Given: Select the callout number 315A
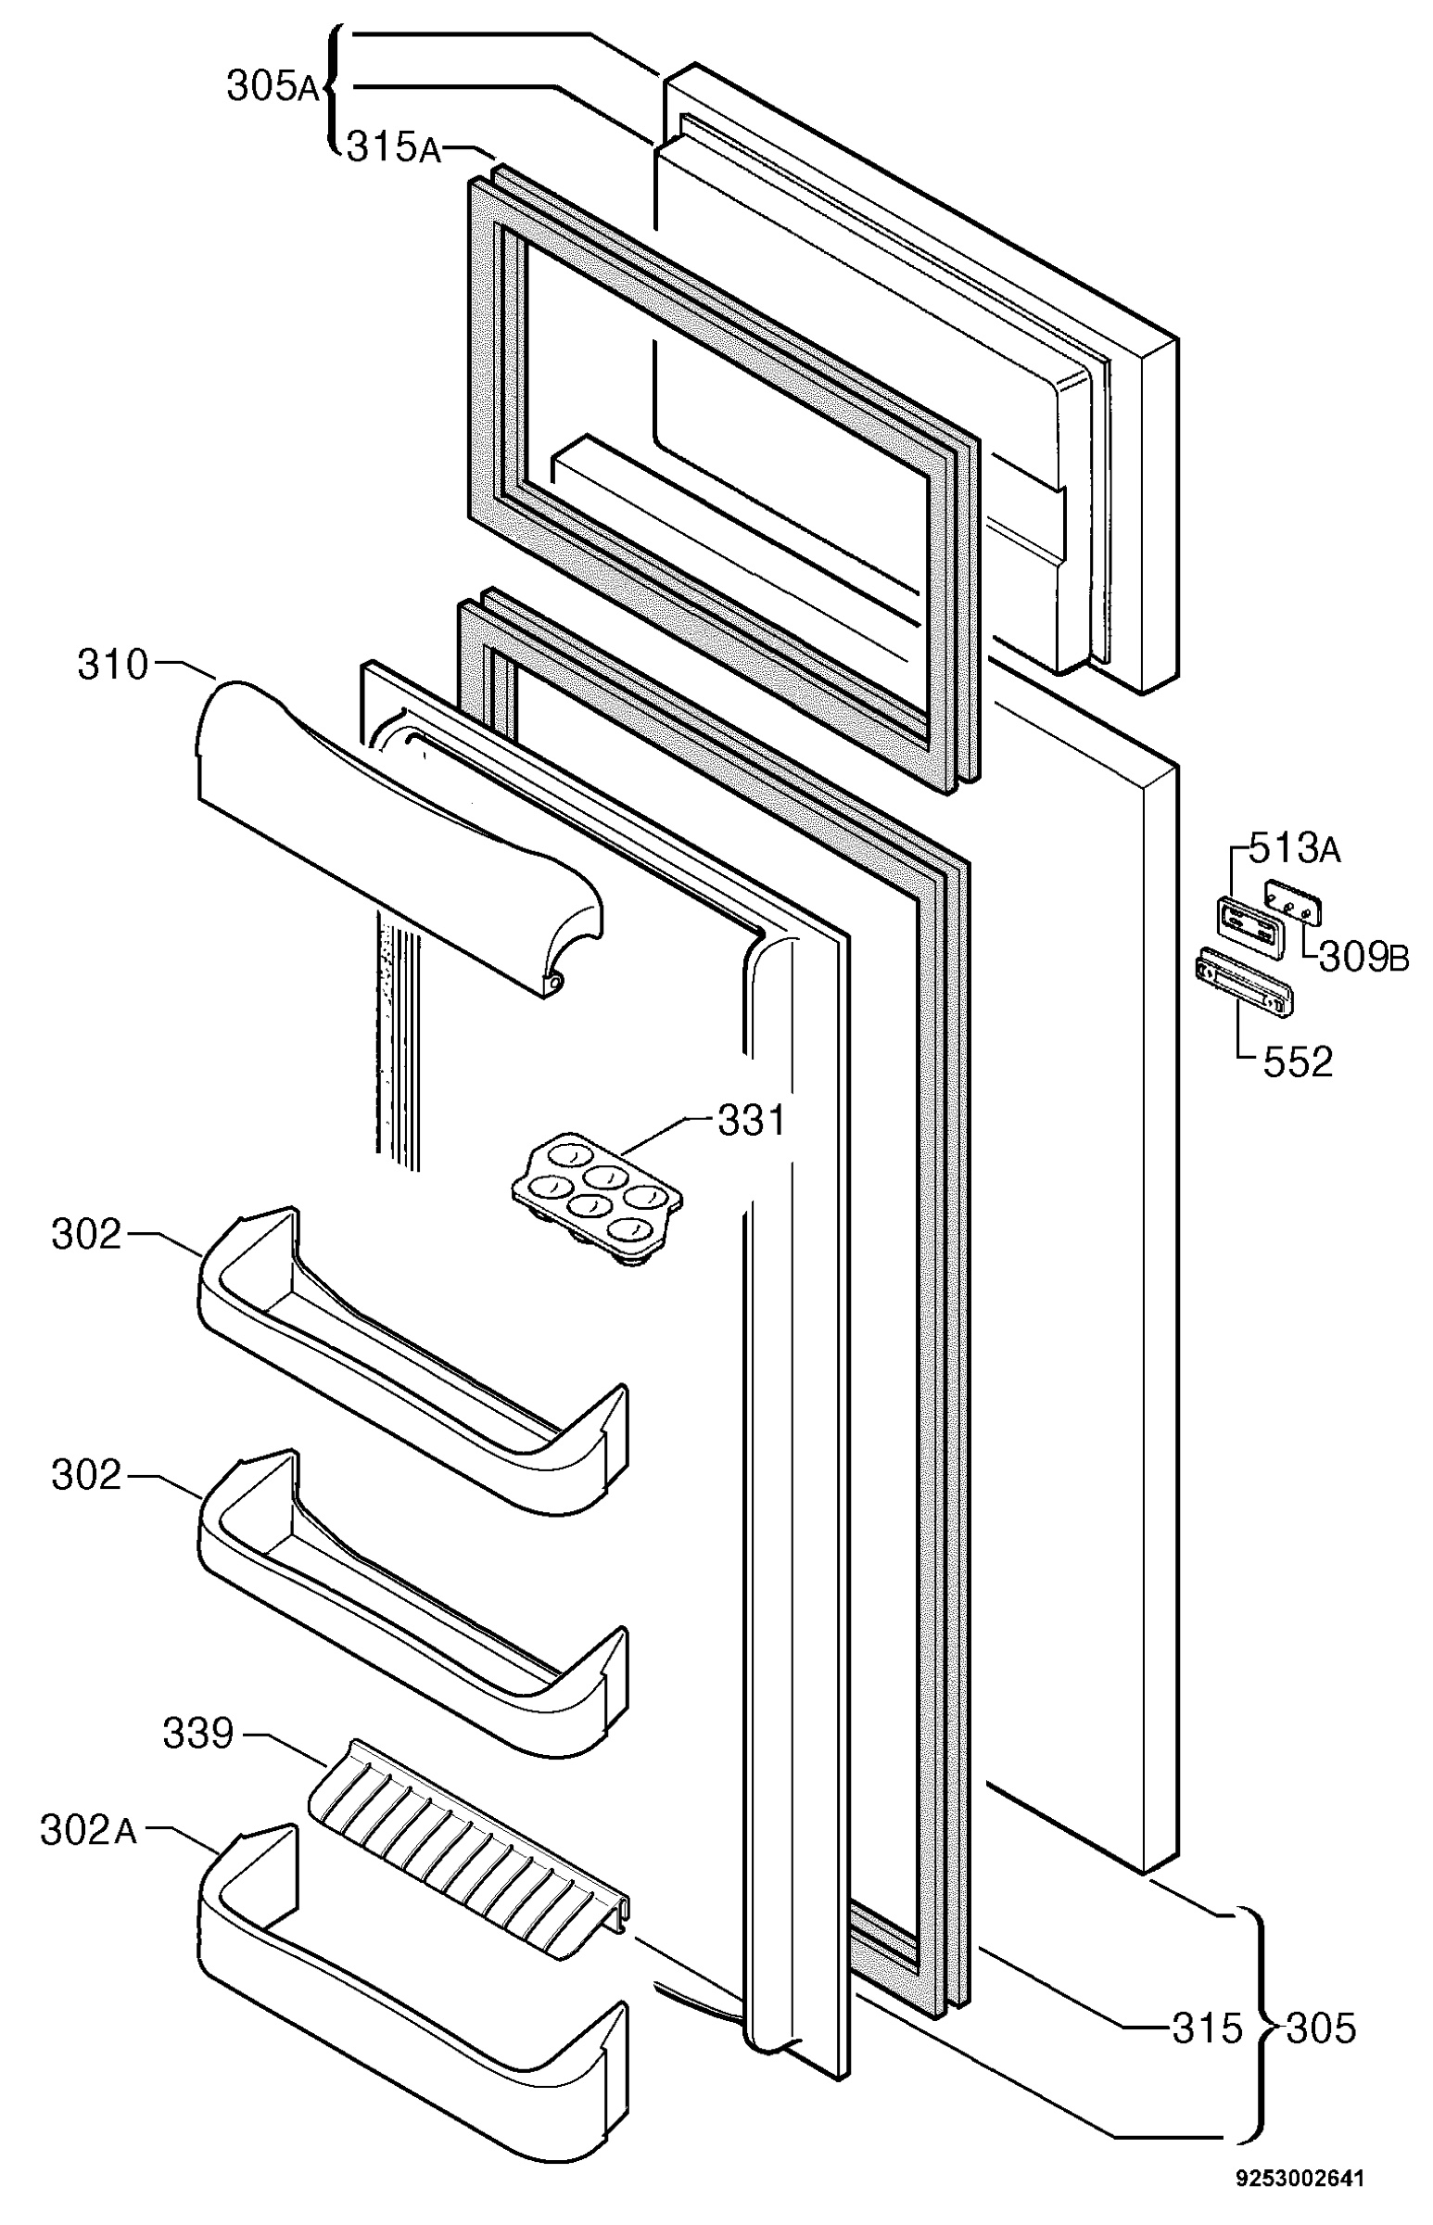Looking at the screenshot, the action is pyautogui.click(x=394, y=147).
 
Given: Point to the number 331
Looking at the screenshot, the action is pyautogui.click(x=751, y=1121).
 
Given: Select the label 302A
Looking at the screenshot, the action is pyautogui.click(x=88, y=1829).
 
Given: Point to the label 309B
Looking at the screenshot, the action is pyautogui.click(x=1363, y=958).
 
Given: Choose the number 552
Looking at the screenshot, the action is pyautogui.click(x=1297, y=1062).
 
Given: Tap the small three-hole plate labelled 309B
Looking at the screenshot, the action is pyautogui.click(x=1295, y=903).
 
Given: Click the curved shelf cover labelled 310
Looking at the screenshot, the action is pyautogui.click(x=400, y=837).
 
